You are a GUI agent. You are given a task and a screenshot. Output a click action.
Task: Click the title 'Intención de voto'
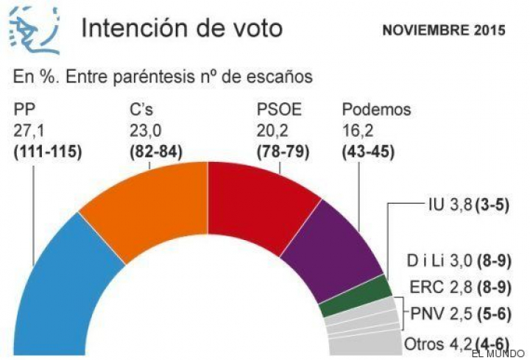[181, 29]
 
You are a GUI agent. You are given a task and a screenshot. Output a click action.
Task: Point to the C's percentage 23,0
[143, 131]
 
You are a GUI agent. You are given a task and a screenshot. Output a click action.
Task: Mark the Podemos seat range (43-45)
[369, 152]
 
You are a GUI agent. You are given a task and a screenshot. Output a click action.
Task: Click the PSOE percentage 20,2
[269, 131]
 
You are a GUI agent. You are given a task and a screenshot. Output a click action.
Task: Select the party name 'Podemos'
[376, 110]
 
